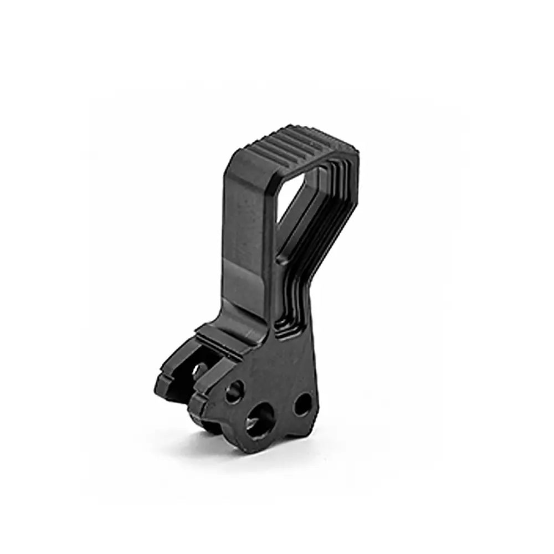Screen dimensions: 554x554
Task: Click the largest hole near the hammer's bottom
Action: pyautogui.click(x=259, y=420)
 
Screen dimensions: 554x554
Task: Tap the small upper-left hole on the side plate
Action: pyautogui.click(x=234, y=392)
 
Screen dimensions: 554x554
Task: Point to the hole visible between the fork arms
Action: pyautogui.click(x=199, y=370)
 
